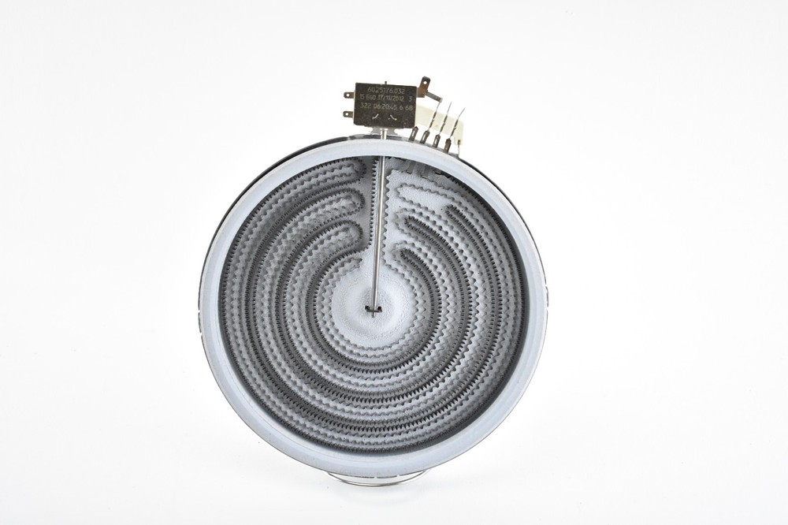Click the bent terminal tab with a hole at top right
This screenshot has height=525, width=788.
(426, 83)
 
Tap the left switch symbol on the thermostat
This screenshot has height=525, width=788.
(376, 117)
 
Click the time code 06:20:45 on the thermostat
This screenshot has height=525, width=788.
(389, 108)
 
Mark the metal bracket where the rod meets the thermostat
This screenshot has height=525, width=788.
(384, 132)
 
